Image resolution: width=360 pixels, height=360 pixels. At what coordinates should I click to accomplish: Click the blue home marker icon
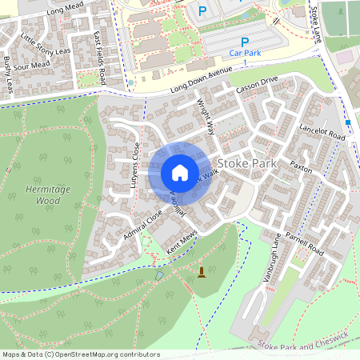tap(180, 173)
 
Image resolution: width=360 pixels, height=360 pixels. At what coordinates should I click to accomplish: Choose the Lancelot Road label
tap(319, 136)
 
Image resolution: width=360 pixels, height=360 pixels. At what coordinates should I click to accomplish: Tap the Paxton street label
tap(301, 169)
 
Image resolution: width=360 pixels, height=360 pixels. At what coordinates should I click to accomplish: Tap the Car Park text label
tap(245, 53)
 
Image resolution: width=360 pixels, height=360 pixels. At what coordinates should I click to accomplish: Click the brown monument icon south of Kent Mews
tap(201, 273)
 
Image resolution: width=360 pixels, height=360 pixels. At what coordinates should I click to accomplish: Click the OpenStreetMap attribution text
tap(80, 354)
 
